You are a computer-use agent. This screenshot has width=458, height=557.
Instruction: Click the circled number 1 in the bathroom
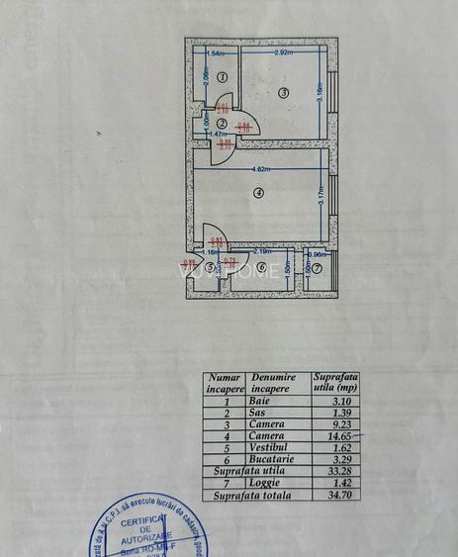click(x=223, y=76)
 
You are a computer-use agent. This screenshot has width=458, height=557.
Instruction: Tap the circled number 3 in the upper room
click(x=282, y=93)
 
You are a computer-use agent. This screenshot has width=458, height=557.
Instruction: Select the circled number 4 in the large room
click(x=258, y=193)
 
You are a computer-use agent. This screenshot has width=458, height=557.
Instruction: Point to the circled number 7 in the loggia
click(x=318, y=267)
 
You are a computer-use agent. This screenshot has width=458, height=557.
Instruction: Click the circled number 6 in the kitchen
click(x=262, y=267)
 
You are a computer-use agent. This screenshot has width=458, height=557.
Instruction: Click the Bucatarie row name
click(x=266, y=459)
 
